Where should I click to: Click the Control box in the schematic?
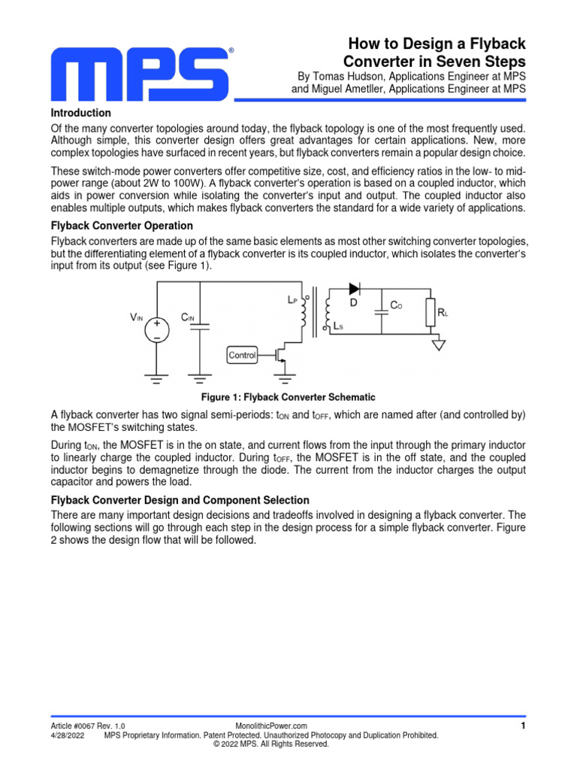click(x=242, y=355)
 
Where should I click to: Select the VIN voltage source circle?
click(x=157, y=332)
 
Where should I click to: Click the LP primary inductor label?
click(x=292, y=299)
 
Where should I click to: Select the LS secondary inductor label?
click(x=339, y=327)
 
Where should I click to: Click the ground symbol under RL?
click(x=439, y=344)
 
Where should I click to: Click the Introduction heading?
click(x=80, y=113)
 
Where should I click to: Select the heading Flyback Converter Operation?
click(x=122, y=226)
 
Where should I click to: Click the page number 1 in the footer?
click(x=522, y=726)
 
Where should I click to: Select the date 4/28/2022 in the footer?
click(x=68, y=735)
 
